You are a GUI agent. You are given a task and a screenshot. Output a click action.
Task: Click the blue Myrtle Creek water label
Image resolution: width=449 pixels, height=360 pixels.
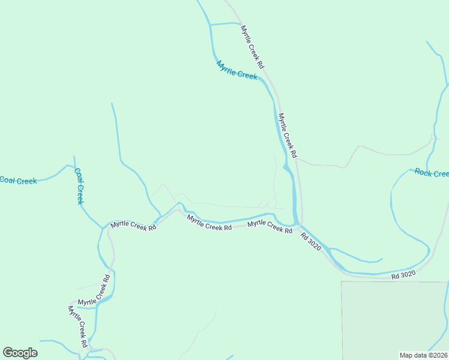pyautogui.click(x=237, y=71)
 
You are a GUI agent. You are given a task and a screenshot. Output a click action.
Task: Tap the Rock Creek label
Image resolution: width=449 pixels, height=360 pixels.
pyautogui.click(x=432, y=173)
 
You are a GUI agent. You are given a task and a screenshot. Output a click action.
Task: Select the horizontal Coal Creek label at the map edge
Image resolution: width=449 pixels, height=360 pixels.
pyautogui.click(x=18, y=180)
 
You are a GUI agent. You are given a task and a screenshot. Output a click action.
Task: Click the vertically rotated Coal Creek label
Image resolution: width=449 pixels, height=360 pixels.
pyautogui.click(x=78, y=186)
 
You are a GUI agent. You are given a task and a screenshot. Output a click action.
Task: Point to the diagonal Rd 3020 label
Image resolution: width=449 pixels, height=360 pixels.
pyautogui.click(x=312, y=242)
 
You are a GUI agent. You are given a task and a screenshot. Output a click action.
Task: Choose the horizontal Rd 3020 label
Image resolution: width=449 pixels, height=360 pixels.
pyautogui.click(x=403, y=275)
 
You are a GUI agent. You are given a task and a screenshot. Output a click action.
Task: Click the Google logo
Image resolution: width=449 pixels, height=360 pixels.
pyautogui.click(x=20, y=352)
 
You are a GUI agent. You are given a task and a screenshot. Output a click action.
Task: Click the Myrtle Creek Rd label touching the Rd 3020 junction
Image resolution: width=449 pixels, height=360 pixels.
pyautogui.click(x=274, y=226)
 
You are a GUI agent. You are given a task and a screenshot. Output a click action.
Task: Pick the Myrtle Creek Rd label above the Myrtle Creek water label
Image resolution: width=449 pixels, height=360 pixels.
pyautogui.click(x=253, y=46)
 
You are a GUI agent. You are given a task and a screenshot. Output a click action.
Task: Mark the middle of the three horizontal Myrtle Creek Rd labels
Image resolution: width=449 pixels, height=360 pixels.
pyautogui.click(x=209, y=223)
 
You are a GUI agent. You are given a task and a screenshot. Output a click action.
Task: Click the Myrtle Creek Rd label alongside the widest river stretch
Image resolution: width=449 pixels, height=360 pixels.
pyautogui.click(x=288, y=136)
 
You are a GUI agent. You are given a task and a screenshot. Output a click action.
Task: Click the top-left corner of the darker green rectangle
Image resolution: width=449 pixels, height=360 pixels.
pyautogui.click(x=342, y=281)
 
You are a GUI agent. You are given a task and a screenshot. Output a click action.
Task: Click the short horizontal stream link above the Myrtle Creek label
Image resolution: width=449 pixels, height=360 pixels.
pyautogui.click(x=225, y=23)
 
